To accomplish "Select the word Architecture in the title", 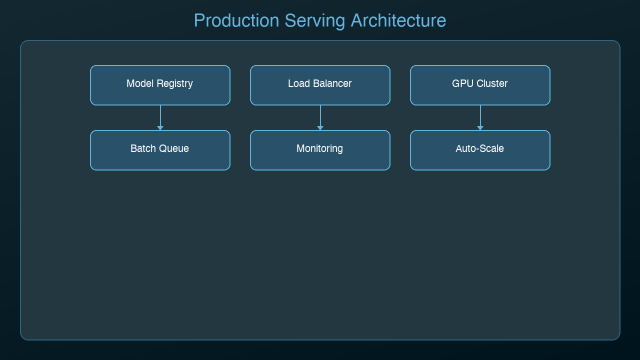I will [398, 21].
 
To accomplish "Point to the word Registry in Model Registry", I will [173, 84].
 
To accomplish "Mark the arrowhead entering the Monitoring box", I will [320, 128].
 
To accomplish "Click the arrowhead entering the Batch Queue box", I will [160, 128].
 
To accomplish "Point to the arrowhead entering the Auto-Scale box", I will [480, 128].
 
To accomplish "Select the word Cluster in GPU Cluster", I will [491, 84].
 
